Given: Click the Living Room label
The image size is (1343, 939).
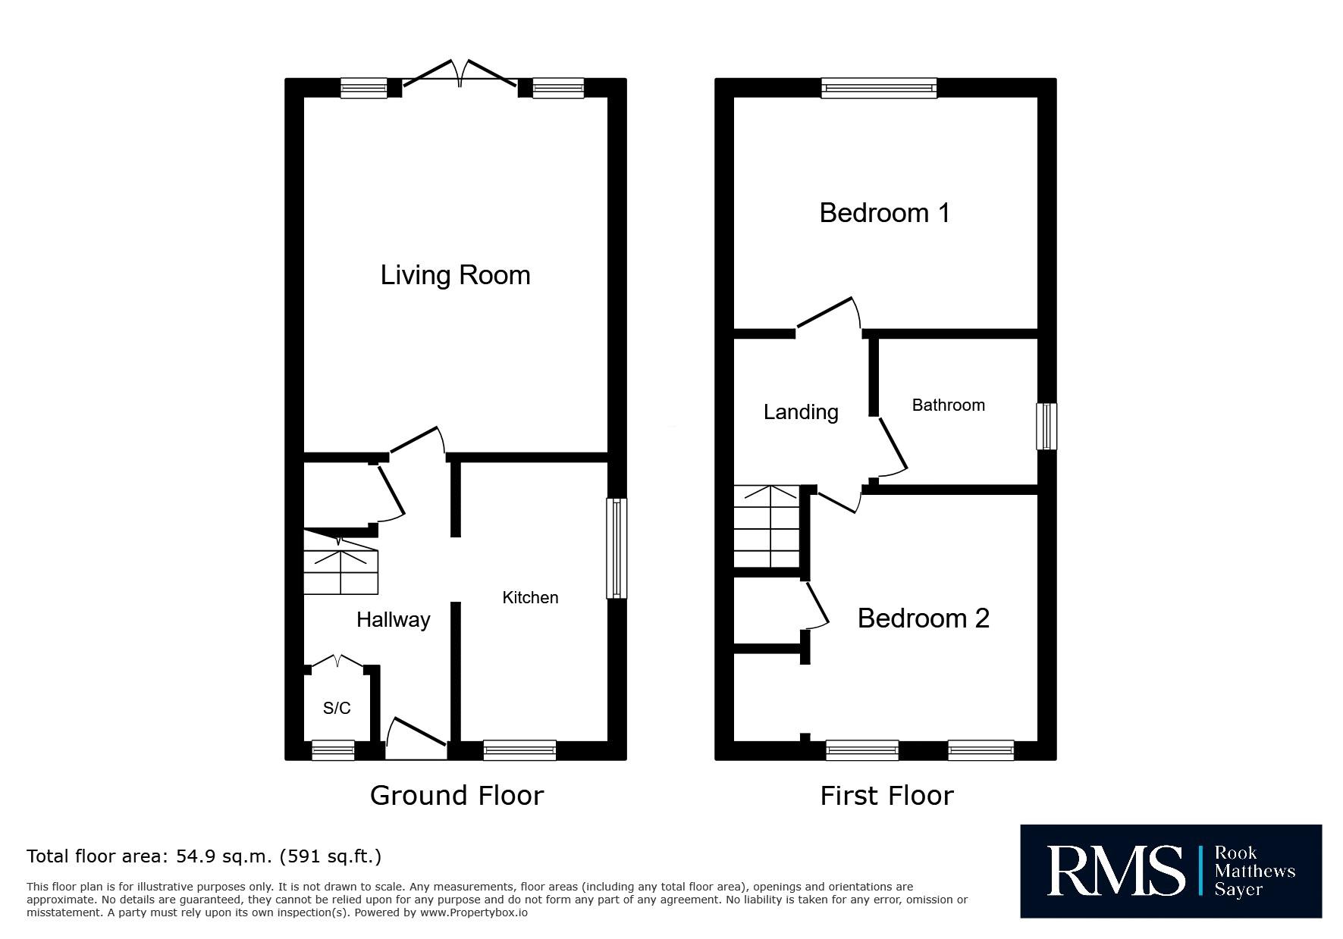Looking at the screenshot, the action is [x=455, y=275].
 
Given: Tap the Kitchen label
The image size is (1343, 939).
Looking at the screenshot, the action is [x=530, y=597].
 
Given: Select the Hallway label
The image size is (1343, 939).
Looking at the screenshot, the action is [x=394, y=620].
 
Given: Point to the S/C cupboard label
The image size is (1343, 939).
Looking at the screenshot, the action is [x=337, y=708].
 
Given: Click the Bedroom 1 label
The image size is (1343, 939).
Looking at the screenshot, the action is [x=884, y=213].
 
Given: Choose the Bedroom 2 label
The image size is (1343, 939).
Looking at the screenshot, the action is [x=923, y=618].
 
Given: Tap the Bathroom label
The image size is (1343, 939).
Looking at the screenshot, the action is [x=948, y=405].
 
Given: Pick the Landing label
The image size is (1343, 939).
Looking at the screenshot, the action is [x=801, y=412].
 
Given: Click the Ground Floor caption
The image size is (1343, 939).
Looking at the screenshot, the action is [x=457, y=796].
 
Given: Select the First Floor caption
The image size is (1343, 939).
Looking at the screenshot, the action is [x=886, y=796].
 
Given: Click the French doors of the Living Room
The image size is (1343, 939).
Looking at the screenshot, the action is [x=460, y=76].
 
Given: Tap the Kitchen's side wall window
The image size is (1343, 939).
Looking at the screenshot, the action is [x=617, y=548].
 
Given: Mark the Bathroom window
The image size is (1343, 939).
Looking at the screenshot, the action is [x=1046, y=426].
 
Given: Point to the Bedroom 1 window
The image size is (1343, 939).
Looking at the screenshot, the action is [x=879, y=88].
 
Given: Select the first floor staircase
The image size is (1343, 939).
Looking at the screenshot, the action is [x=767, y=527].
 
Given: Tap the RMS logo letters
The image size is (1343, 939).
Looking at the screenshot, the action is [x=1116, y=871].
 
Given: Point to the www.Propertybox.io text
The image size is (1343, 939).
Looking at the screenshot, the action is [x=474, y=912].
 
